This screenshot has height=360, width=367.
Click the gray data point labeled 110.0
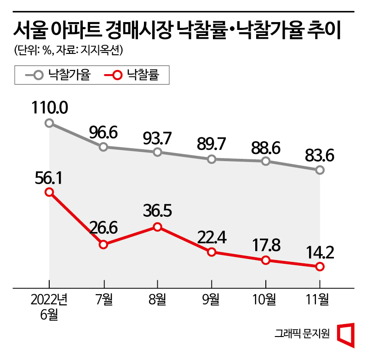(50, 123)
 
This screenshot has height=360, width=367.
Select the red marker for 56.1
(50, 192)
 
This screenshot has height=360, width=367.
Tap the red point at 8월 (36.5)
(158, 226)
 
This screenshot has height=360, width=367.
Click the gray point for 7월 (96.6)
(103, 147)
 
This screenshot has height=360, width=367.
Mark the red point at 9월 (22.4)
(212, 252)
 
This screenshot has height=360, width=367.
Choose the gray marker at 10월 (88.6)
(266, 161)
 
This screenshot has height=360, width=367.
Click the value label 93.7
(158, 137)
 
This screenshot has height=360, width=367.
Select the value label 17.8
(266, 244)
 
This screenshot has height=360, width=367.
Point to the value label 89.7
(212, 144)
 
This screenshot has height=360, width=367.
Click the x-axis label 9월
(212, 300)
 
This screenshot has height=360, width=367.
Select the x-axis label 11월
(320, 300)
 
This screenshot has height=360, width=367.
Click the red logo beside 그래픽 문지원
(347, 334)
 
